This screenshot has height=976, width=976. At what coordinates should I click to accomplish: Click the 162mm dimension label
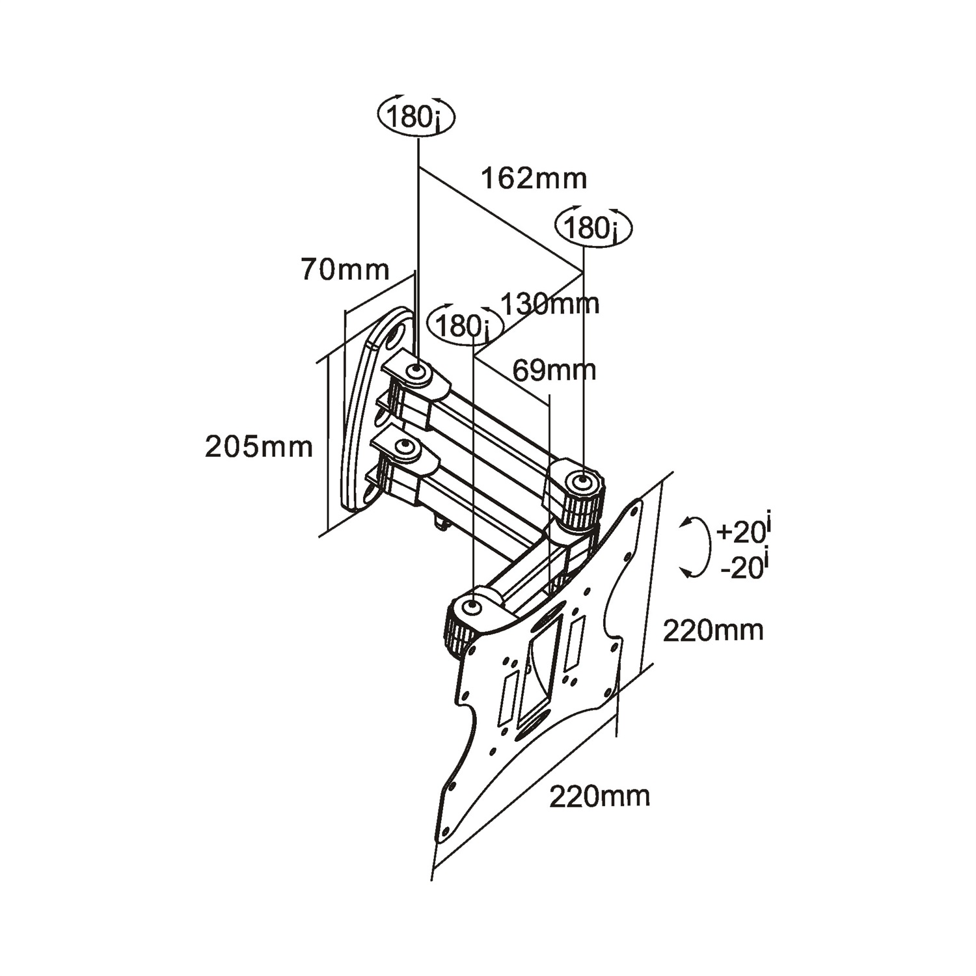click(x=534, y=178)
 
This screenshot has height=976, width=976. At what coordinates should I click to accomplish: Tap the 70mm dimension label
click(x=345, y=269)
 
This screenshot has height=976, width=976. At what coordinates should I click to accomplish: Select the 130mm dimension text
click(x=550, y=303)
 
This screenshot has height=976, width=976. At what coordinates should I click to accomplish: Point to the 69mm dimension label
click(x=554, y=370)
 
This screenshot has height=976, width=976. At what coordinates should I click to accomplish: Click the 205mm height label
click(x=259, y=447)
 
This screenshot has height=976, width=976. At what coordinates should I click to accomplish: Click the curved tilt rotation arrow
click(x=694, y=547)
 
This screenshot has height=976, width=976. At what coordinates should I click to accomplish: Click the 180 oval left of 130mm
click(x=465, y=324)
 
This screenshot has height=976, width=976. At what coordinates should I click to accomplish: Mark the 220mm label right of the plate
click(x=713, y=630)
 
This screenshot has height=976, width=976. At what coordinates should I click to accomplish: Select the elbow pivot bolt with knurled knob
click(x=580, y=481)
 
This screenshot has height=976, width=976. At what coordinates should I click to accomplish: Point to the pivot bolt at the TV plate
click(x=472, y=607)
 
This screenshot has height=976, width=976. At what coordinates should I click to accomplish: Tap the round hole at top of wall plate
click(x=393, y=338)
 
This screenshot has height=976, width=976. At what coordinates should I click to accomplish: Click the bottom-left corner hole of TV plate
click(x=446, y=832)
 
